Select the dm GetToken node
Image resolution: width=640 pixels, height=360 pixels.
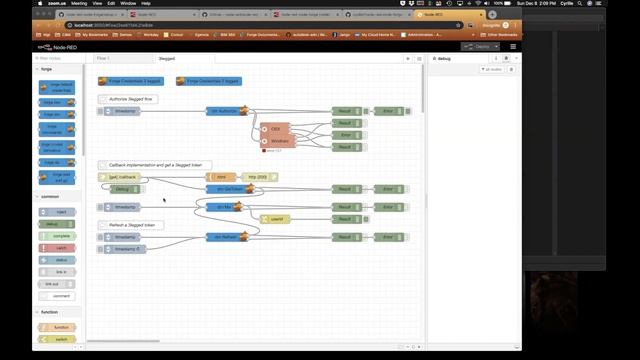(x=225, y=188)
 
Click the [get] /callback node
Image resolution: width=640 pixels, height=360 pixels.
(x=121, y=177)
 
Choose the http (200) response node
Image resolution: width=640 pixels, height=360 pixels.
(x=259, y=177)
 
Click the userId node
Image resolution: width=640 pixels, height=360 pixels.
(x=276, y=219)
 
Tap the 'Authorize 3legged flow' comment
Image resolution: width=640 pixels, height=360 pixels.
(x=127, y=100)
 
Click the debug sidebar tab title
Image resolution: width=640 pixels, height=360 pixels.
(x=446, y=58)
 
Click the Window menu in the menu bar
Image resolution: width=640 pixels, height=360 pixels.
(x=129, y=3)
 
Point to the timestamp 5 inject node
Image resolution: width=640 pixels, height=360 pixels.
(x=126, y=248)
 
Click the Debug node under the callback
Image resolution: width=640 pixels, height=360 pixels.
(x=122, y=188)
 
